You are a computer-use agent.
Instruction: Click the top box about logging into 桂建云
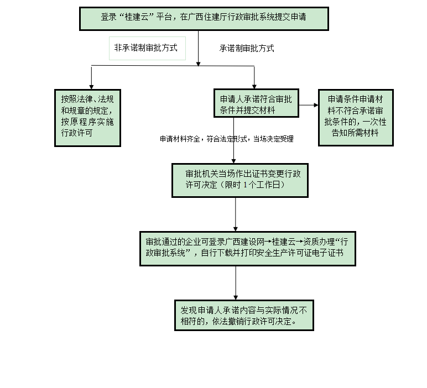pos(204,18)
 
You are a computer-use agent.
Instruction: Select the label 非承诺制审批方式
pos(145,48)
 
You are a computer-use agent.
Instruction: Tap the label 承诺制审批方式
pos(247,48)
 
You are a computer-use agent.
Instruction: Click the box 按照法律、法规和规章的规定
pos(87,117)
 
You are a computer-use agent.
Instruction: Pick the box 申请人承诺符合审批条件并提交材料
pos(257,103)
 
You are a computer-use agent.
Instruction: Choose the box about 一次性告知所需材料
pos(356,117)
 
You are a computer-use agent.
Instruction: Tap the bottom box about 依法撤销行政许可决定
pos(244,314)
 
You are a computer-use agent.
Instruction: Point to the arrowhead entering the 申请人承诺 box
pos(254,85)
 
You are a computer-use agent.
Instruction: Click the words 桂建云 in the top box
pos(133,17)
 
